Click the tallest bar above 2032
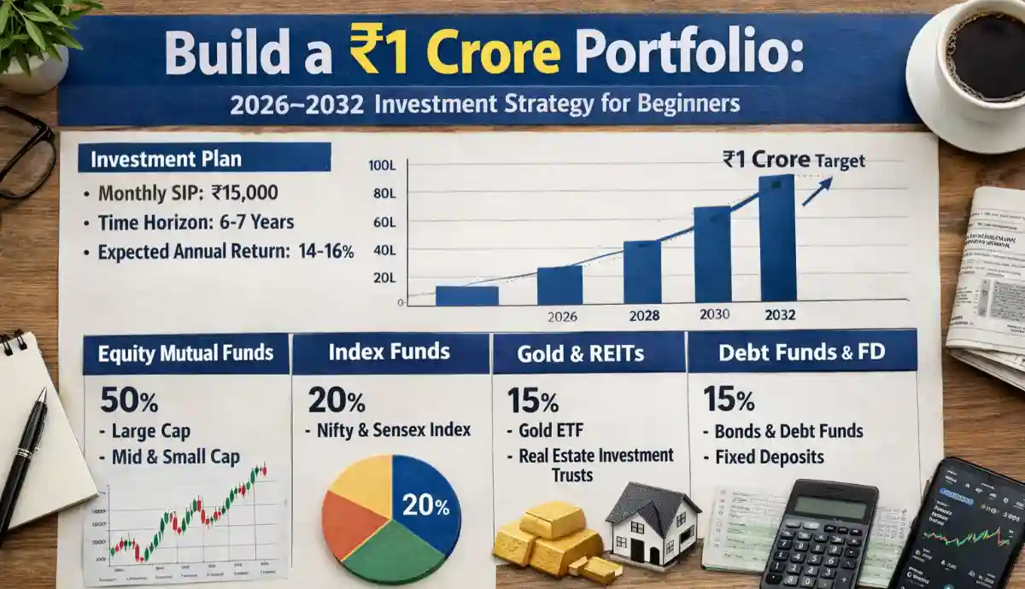tap(776, 238)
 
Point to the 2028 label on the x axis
tap(644, 315)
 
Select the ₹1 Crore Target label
tap(794, 159)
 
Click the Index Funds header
tap(391, 353)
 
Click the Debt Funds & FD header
tap(801, 351)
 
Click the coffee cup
tap(981, 60)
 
